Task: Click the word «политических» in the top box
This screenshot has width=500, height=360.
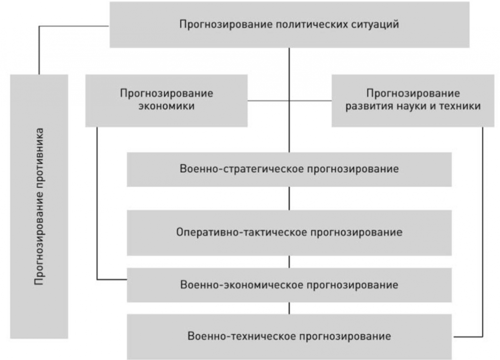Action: click(312, 25)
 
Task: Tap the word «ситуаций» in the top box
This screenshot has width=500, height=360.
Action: click(375, 25)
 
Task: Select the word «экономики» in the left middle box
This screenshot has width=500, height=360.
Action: click(167, 106)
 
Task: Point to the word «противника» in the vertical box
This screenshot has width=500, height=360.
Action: click(39, 155)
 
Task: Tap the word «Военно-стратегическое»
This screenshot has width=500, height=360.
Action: click(242, 169)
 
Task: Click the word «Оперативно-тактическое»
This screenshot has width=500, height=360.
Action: click(242, 232)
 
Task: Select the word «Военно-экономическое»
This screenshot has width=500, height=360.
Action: click(242, 285)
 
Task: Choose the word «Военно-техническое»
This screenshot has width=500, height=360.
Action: click(242, 336)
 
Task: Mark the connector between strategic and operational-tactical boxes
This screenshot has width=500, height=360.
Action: click(289, 198)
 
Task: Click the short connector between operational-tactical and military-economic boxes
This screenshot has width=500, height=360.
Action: click(289, 262)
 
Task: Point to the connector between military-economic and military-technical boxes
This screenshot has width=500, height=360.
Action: click(289, 308)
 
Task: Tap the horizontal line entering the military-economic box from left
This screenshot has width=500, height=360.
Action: click(112, 280)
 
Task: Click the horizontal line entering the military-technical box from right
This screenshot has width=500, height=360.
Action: click(468, 337)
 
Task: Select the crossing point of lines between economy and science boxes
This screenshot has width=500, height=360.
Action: click(289, 101)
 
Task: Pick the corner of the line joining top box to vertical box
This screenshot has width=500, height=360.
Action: click(39, 26)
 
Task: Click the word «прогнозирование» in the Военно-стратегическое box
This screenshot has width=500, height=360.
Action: click(353, 169)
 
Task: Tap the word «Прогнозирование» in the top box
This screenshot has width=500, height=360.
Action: click(226, 25)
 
